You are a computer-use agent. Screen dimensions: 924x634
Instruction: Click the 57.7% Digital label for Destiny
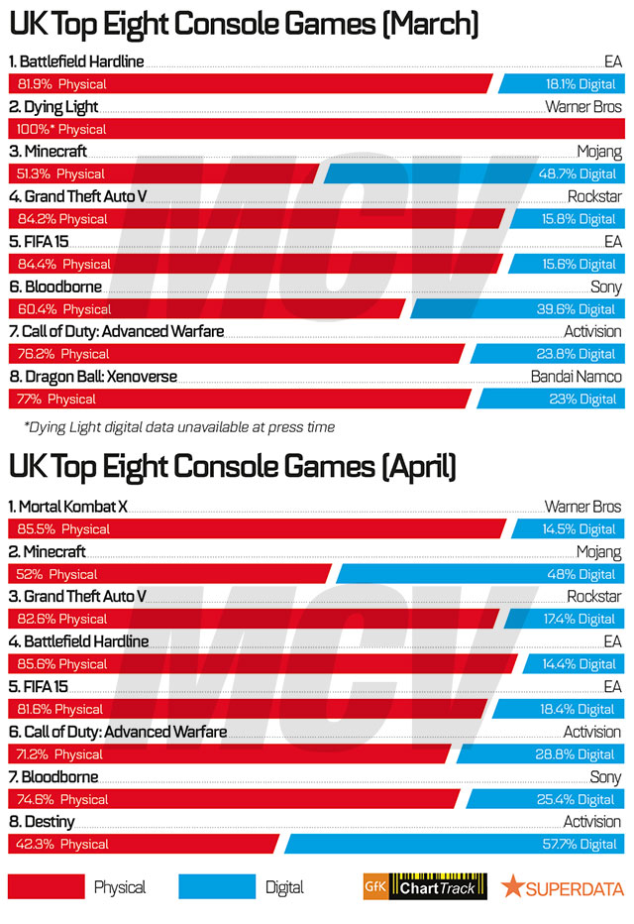[582, 844]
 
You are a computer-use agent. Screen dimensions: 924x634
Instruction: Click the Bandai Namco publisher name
[577, 377]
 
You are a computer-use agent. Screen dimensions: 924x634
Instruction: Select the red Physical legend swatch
[46, 886]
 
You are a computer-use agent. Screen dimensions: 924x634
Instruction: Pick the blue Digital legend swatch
[217, 886]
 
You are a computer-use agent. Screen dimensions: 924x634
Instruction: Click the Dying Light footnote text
[178, 427]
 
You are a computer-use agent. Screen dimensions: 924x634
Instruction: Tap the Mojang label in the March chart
[599, 152]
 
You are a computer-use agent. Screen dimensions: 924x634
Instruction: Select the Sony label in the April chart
[605, 777]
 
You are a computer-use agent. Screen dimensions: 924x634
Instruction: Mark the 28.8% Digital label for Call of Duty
[582, 754]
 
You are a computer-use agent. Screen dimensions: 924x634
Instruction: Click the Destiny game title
[43, 822]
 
